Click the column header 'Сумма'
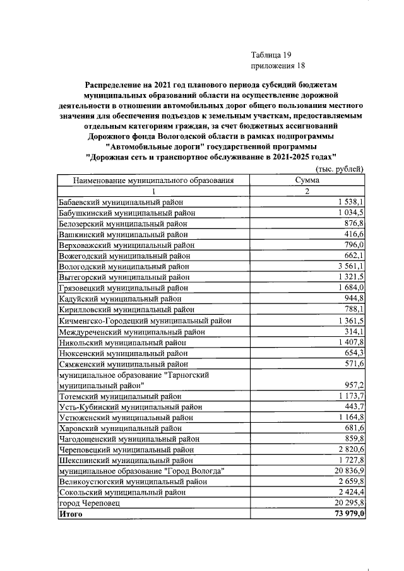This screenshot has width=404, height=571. pyautogui.click(x=307, y=180)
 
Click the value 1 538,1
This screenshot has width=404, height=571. pyautogui.click(x=351, y=202)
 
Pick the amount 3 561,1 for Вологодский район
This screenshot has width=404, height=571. pyautogui.click(x=351, y=267)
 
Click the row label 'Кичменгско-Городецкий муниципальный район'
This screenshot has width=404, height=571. pyautogui.click(x=145, y=321)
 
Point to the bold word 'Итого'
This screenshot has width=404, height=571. pyautogui.click(x=71, y=514)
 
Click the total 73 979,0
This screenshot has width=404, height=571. pyautogui.click(x=348, y=514)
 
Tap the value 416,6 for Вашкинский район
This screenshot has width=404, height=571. pyautogui.click(x=353, y=234)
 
